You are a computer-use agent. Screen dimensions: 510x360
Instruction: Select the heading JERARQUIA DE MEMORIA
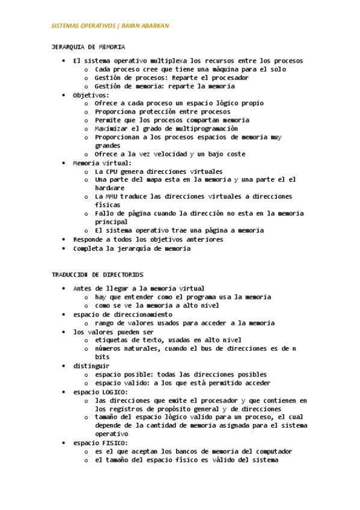tap(88, 46)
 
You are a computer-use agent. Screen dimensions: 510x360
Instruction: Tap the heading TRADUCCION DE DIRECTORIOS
tap(97, 274)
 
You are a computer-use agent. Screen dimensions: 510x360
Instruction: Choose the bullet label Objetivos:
tap(91, 95)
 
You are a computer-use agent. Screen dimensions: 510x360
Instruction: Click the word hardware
tap(108, 188)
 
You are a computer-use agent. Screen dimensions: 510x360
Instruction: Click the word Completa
tap(88, 248)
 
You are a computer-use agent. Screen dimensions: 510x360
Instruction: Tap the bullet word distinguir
tap(91, 366)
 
